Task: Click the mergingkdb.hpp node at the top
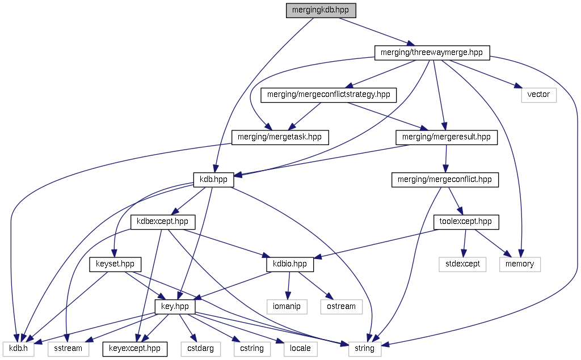(x=321, y=10)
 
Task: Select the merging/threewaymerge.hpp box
(x=432, y=53)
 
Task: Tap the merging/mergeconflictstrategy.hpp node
(x=329, y=95)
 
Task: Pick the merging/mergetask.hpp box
(x=280, y=137)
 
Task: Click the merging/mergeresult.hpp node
(x=446, y=137)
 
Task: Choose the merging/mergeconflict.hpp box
(x=445, y=180)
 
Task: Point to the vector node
(x=538, y=95)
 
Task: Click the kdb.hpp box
(x=213, y=180)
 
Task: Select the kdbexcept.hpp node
(x=163, y=222)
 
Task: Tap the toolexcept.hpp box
(x=466, y=222)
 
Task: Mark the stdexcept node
(x=462, y=264)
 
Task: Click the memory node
(x=520, y=264)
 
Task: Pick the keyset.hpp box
(x=115, y=264)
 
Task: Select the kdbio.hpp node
(x=289, y=264)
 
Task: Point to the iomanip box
(x=287, y=307)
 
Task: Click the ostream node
(x=342, y=307)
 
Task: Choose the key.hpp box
(x=175, y=307)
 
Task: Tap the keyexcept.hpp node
(x=134, y=349)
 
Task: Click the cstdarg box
(x=200, y=349)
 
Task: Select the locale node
(x=300, y=349)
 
